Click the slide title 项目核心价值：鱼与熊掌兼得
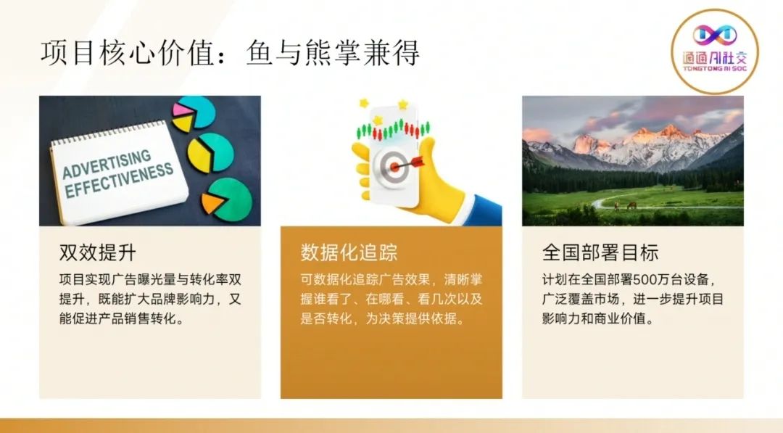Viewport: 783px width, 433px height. click(231, 53)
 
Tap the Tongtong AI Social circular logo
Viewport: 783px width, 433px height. click(715, 51)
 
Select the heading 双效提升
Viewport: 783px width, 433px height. click(98, 252)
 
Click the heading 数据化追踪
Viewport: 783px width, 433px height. click(349, 252)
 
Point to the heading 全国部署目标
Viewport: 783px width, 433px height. click(600, 252)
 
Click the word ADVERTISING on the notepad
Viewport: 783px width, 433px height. click(107, 164)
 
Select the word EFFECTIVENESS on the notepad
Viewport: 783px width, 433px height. click(119, 183)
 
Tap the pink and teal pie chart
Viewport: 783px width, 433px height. click(194, 113)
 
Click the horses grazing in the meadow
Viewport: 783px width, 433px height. click(624, 205)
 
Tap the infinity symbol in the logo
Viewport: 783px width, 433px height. click(715, 35)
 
